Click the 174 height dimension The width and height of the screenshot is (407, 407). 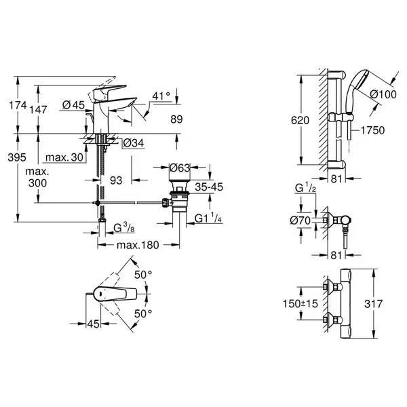click(x=18, y=105)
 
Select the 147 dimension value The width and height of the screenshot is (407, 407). click(x=38, y=110)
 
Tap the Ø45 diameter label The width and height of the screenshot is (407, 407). click(x=74, y=105)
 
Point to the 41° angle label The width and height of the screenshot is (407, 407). click(x=161, y=96)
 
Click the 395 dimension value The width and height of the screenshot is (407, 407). click(x=17, y=157)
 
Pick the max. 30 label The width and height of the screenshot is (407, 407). click(x=64, y=157)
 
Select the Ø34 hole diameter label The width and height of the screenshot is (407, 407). click(x=134, y=143)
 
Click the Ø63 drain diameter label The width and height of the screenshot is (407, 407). click(x=180, y=168)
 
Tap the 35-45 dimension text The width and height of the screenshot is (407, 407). click(x=209, y=187)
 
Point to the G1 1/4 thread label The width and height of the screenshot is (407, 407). click(x=208, y=218)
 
